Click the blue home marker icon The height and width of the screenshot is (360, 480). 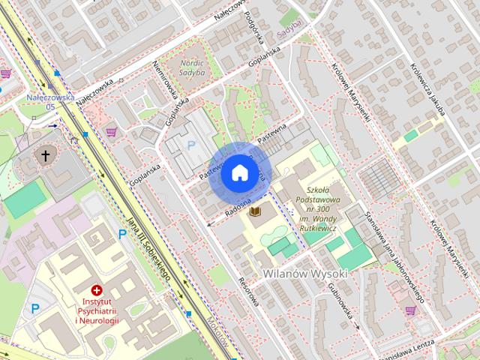239,172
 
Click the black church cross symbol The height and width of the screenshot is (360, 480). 46,156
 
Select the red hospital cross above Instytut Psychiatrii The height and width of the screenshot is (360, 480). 97,289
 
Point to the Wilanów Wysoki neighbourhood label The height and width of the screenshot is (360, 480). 305,274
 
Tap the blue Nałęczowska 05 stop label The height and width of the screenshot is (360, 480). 50,101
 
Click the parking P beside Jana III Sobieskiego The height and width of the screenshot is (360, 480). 122,235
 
